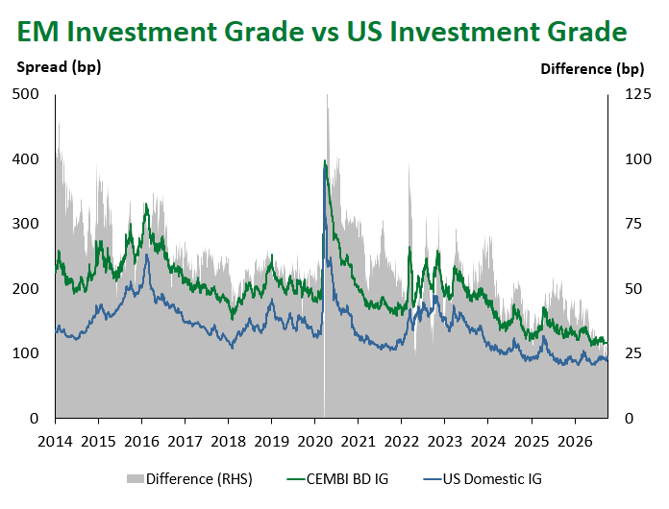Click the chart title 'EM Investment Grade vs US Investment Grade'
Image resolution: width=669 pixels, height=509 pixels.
point(322,33)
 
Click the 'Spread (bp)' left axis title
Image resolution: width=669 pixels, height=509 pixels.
point(59,67)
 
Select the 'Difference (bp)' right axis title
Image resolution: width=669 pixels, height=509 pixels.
point(592,69)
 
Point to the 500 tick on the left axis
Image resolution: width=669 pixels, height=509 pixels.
point(25,94)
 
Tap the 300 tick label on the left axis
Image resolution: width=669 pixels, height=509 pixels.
point(25,224)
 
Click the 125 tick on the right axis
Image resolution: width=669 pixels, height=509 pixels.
point(638,94)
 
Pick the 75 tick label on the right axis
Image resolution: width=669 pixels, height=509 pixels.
point(633,224)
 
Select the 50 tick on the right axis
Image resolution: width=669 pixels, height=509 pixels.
point(633,289)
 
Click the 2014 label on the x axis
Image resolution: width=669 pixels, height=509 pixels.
point(55,442)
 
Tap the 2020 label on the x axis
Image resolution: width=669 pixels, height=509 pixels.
point(315,442)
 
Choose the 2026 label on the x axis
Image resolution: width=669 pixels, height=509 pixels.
point(575,442)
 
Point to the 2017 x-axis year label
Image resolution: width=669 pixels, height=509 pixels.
point(185,442)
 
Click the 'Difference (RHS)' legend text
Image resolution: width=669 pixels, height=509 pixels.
point(199,479)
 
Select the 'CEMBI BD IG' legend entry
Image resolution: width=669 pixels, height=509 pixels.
point(338,479)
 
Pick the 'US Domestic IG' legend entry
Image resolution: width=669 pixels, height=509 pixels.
point(483,479)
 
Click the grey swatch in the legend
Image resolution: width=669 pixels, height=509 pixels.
point(135,479)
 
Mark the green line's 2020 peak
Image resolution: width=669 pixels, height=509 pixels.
point(325,160)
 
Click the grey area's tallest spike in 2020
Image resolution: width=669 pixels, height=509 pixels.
point(327,95)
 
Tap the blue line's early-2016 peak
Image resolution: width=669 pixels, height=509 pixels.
point(147,254)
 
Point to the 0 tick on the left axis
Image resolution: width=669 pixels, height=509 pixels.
point(35,419)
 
